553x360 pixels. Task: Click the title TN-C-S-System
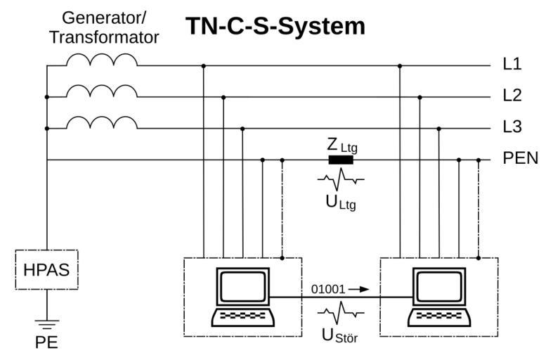point(275,27)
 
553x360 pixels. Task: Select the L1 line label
point(512,65)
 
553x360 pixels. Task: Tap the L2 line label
point(512,96)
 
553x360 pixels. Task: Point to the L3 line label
point(512,128)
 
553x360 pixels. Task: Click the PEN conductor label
point(520,159)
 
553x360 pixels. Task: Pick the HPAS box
point(46,269)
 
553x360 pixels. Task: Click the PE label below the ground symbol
point(46,344)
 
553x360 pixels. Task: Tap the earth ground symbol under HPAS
point(46,324)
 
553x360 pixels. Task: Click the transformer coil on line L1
point(101,60)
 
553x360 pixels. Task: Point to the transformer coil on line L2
point(101,91)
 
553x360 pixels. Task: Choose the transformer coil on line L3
point(101,123)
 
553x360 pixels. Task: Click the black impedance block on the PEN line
point(341,160)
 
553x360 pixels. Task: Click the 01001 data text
point(327,288)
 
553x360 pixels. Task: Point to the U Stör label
point(340,335)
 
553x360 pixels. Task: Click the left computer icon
point(242,297)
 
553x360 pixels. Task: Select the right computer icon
point(438,297)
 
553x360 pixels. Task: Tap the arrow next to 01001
point(358,288)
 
